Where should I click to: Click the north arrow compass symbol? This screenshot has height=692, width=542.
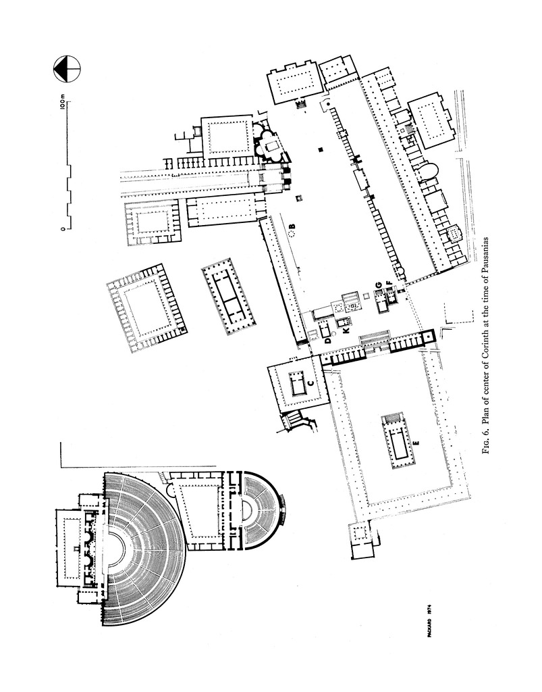tap(67, 68)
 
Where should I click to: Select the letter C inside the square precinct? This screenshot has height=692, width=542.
tap(310, 383)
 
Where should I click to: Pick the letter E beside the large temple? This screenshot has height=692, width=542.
tap(416, 443)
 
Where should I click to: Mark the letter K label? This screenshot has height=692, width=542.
tap(347, 331)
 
